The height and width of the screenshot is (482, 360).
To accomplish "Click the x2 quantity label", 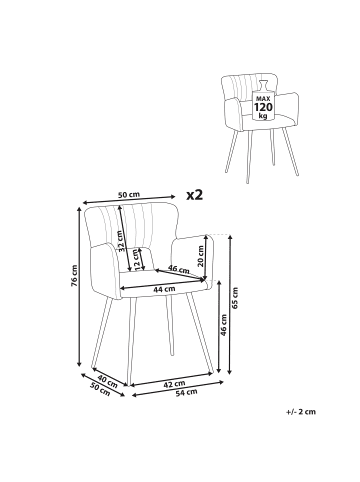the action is [194, 195].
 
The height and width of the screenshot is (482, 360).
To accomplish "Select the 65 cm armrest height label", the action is [235, 298].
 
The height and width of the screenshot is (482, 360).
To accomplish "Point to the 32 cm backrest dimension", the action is [122, 241].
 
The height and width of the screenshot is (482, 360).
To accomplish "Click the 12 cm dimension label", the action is [137, 259].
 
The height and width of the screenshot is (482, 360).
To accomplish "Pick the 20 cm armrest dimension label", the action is [200, 256].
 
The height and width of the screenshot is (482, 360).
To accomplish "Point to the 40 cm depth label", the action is [108, 381].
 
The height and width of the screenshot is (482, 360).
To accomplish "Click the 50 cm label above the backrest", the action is [129, 195].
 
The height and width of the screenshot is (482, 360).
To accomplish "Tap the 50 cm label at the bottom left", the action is [100, 389].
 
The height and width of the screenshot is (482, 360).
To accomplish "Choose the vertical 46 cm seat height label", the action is [224, 325].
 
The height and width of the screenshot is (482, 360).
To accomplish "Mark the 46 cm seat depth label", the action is [178, 269].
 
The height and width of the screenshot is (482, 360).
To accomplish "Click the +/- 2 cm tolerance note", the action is [300, 412].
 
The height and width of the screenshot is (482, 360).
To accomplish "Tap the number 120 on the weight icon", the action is [263, 107].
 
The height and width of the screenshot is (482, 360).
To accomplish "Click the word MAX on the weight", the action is [263, 99].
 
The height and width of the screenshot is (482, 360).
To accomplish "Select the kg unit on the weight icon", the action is [263, 116].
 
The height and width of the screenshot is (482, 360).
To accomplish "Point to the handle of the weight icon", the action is [263, 84].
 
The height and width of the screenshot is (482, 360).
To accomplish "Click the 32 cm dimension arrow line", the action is [124, 239].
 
